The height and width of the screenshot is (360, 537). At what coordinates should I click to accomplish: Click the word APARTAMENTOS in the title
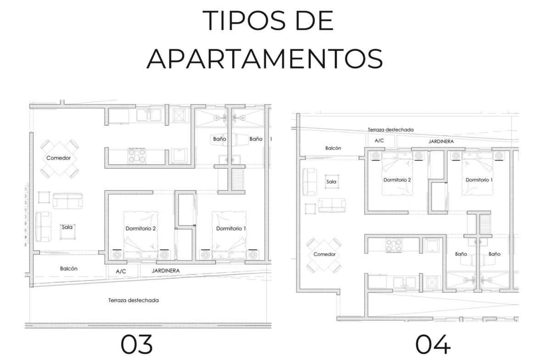click(x=265, y=59)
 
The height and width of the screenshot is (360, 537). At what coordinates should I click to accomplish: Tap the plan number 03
click(x=136, y=344)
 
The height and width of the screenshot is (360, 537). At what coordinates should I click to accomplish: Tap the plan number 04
click(x=433, y=344)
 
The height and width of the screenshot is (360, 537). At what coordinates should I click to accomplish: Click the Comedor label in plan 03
click(x=59, y=158)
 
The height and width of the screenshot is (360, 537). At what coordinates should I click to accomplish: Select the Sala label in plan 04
click(x=331, y=182)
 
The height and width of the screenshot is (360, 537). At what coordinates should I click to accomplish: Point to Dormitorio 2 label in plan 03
click(x=141, y=228)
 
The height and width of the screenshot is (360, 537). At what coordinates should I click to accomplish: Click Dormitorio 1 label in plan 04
click(x=479, y=180)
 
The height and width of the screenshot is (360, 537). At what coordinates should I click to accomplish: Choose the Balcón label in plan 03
click(x=69, y=269)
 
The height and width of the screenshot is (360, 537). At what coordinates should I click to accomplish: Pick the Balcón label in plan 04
click(x=333, y=148)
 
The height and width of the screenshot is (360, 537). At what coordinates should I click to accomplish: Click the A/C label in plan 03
click(x=121, y=271)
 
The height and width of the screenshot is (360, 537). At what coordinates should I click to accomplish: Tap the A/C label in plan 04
click(x=379, y=140)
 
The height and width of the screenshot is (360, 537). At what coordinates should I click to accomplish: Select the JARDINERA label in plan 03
click(x=166, y=270)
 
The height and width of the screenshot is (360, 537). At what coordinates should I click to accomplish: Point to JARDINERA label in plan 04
click(x=441, y=141)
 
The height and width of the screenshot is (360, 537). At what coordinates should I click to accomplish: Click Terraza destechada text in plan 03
click(x=134, y=300)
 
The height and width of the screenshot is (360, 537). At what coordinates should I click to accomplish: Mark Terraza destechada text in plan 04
click(x=391, y=130)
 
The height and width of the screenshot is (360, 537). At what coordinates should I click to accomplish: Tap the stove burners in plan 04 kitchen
click(x=394, y=246)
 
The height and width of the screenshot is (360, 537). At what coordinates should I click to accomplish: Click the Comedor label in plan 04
click(x=324, y=254)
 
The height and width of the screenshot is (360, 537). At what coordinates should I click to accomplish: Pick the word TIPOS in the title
click(x=244, y=21)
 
